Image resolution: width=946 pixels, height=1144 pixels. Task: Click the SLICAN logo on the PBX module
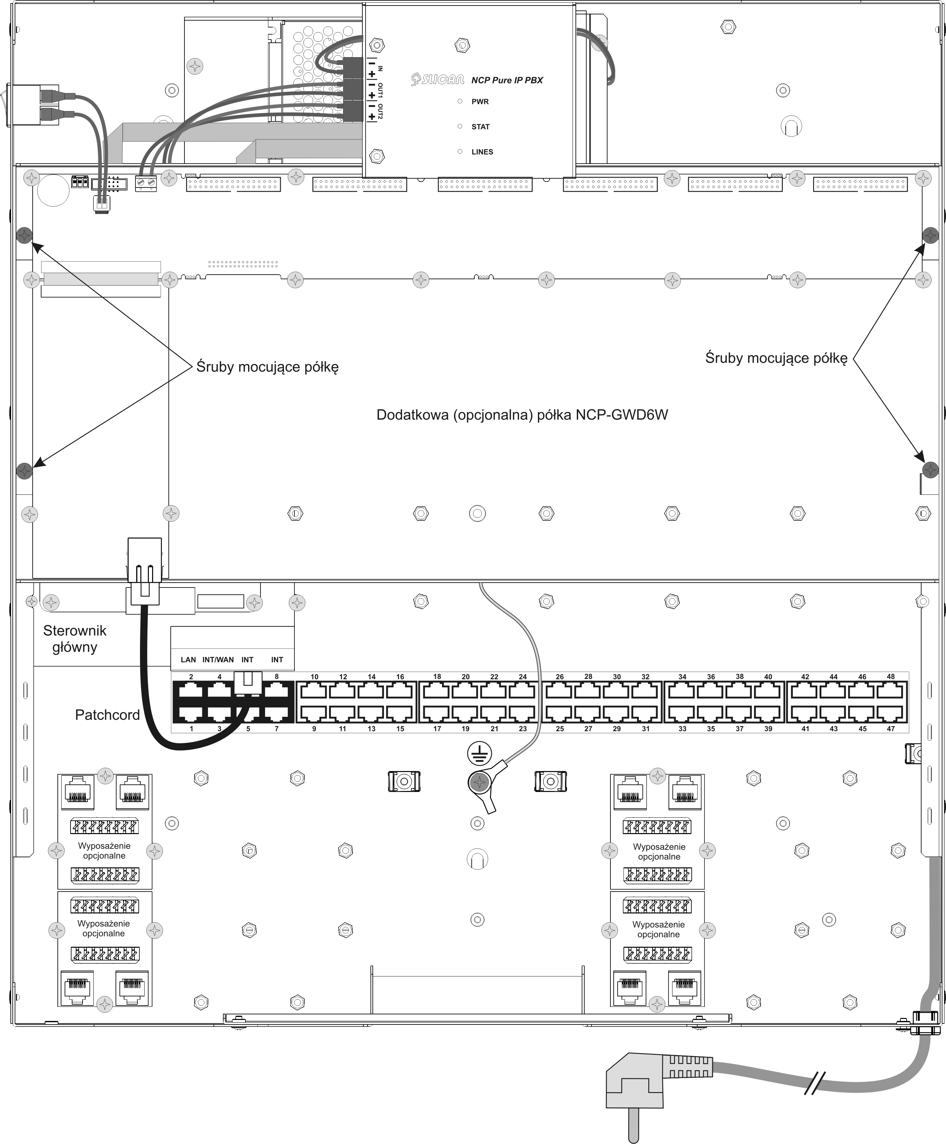[x=438, y=80]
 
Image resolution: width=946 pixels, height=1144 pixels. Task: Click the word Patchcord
[x=107, y=715]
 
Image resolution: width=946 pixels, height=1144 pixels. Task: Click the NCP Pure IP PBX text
[x=507, y=80]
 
